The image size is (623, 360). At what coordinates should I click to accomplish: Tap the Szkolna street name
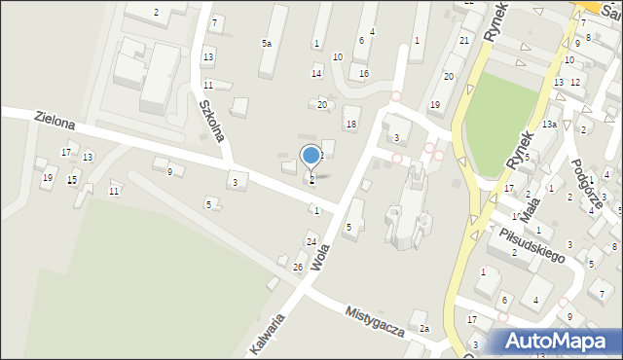tap(213, 120)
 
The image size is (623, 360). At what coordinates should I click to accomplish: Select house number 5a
tap(266, 44)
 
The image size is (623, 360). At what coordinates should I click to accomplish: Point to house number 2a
tap(424, 329)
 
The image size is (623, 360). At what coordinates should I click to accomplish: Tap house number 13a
tap(549, 125)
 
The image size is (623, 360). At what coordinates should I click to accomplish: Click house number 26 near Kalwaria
tap(298, 267)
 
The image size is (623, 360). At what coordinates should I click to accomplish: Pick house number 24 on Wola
tap(311, 241)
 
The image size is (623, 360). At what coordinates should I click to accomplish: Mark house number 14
tap(316, 74)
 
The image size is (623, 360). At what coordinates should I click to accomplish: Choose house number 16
tap(364, 74)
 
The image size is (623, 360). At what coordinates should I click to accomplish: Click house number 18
tap(350, 124)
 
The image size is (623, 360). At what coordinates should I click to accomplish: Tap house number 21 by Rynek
tap(464, 40)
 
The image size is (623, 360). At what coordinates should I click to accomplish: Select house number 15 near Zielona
tap(72, 181)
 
